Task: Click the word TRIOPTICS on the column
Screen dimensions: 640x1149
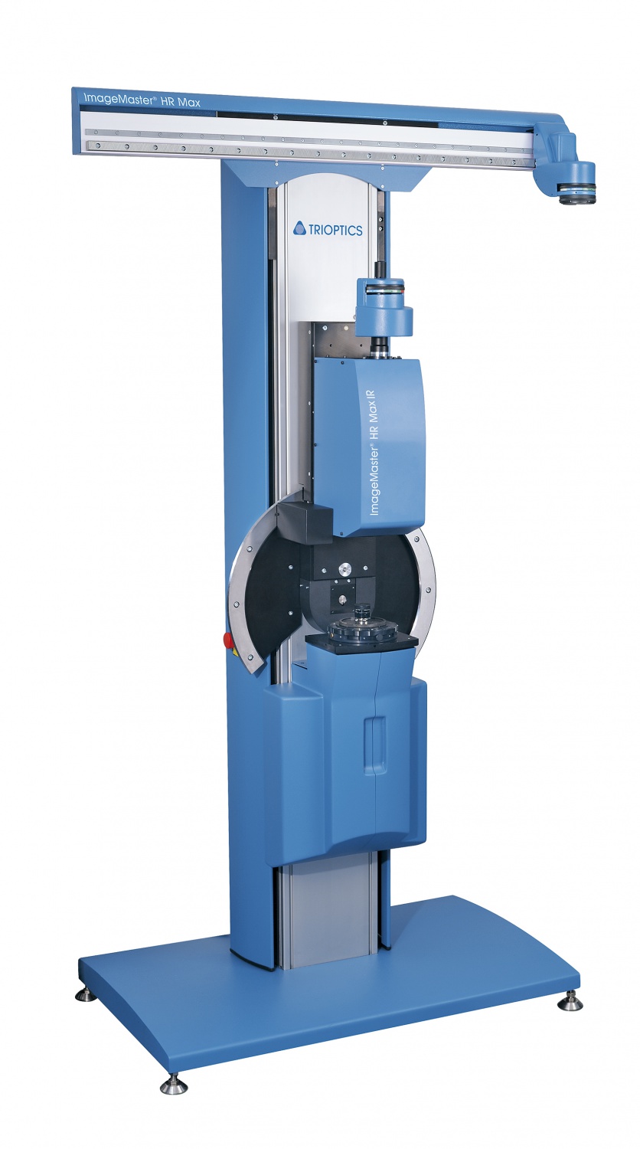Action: (x=335, y=230)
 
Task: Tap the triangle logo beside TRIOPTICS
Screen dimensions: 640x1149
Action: (x=299, y=228)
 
